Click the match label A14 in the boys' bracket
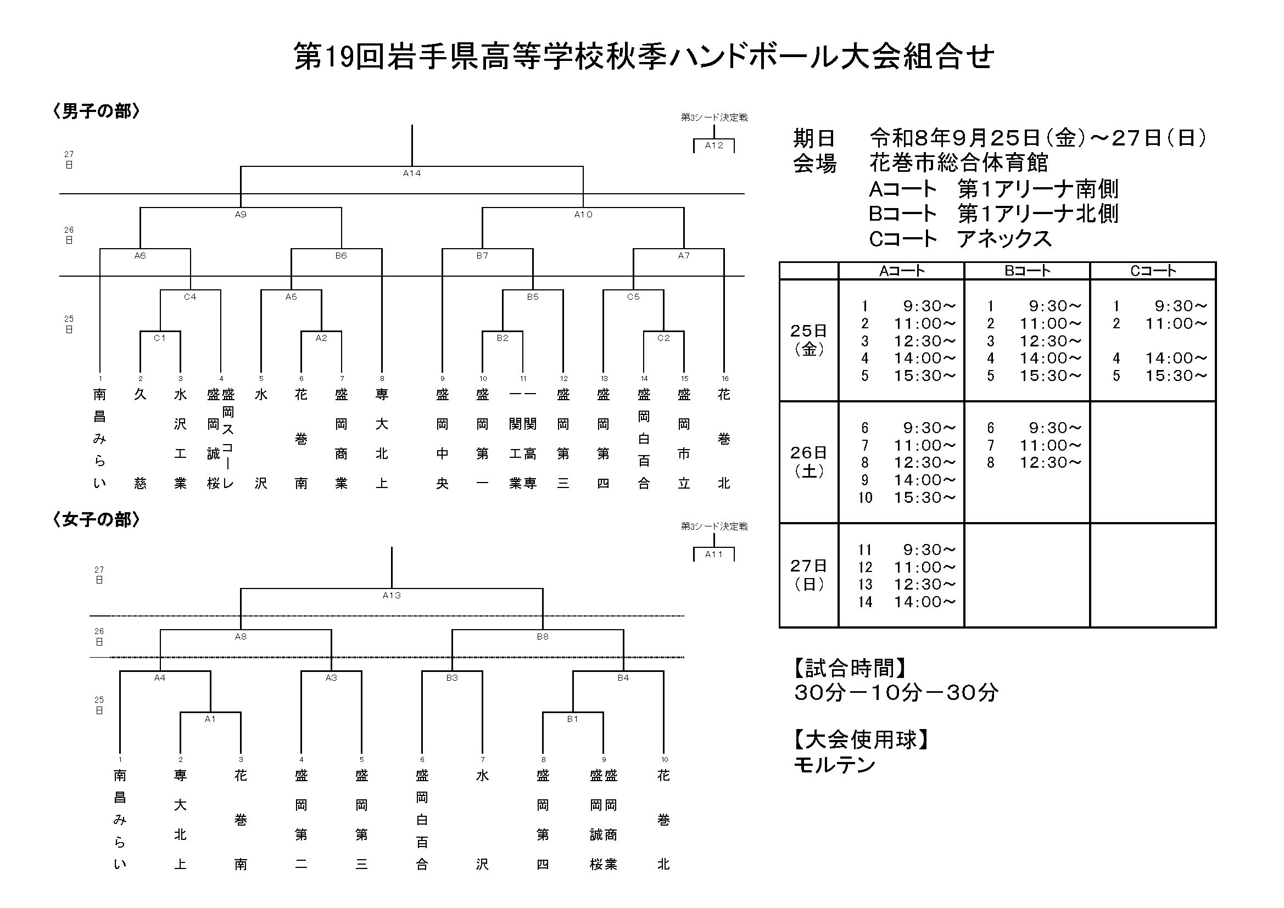[411, 173]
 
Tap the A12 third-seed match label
[713, 145]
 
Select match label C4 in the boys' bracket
[190, 297]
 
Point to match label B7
[482, 255]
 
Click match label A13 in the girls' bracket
[392, 596]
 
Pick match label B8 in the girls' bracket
[543, 637]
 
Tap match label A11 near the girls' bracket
[713, 554]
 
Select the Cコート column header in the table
[1153, 271]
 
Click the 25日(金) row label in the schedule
[808, 340]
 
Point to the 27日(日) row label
[808, 575]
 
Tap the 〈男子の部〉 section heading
[96, 111]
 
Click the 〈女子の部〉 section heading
[96, 520]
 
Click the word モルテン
[834, 764]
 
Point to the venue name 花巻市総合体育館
[958, 162]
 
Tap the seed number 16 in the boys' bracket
[725, 379]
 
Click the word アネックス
[1004, 239]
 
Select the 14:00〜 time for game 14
[925, 602]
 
